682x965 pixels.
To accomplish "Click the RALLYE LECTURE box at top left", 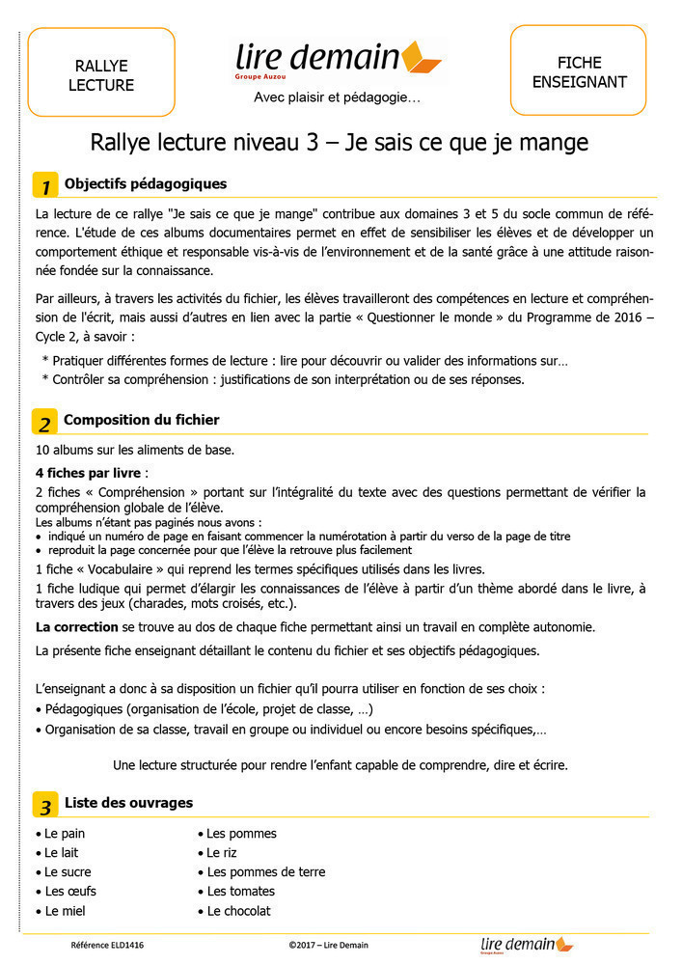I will tap(101, 73).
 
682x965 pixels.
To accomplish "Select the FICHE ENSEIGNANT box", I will tap(579, 71).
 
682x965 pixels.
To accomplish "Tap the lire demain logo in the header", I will tap(338, 59).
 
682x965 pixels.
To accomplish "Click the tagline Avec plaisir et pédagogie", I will tap(337, 97).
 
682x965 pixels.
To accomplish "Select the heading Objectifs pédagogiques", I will tap(146, 183).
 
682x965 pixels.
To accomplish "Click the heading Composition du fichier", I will tap(141, 420).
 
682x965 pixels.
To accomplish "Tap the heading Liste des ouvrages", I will tap(128, 803).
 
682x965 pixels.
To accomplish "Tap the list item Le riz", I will tap(221, 853).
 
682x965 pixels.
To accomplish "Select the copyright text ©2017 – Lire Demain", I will tap(328, 946).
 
